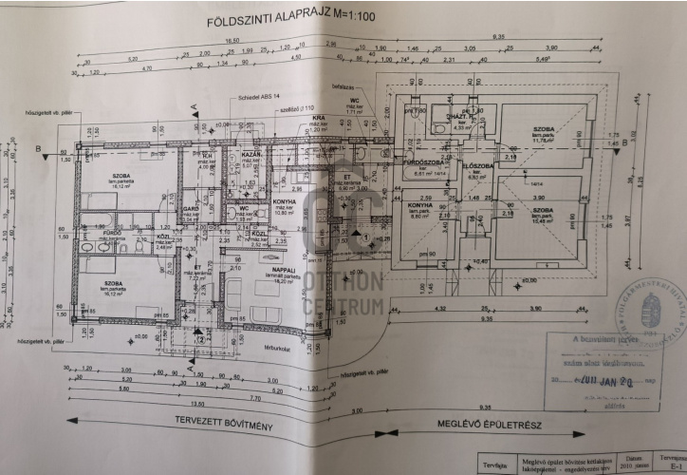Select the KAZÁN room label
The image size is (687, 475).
251,154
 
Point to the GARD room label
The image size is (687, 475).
190,208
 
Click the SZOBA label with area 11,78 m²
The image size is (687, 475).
543,128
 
